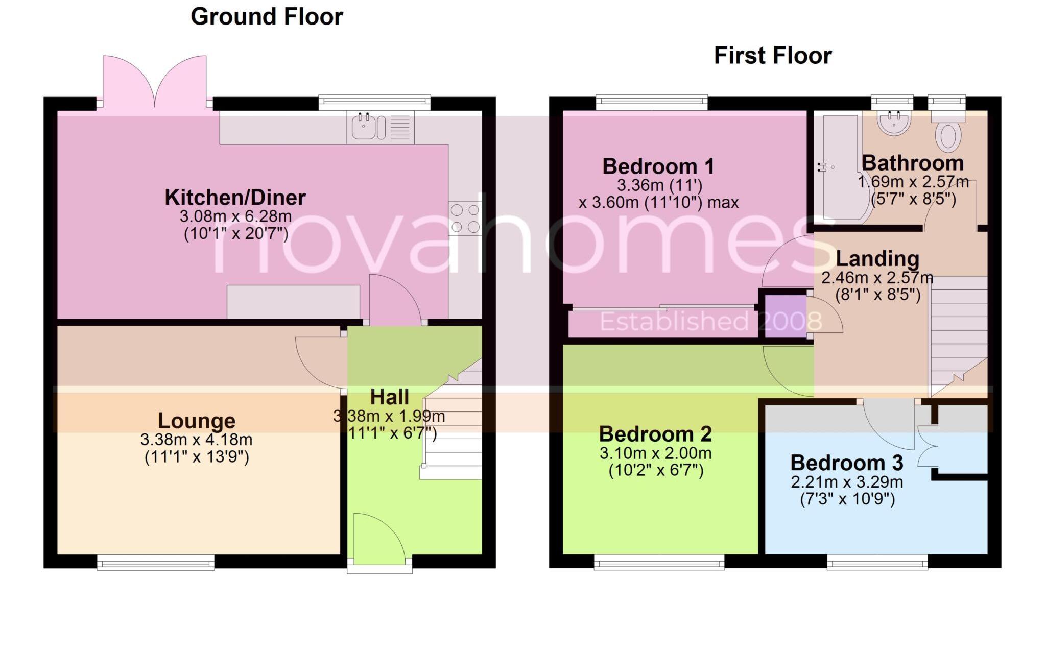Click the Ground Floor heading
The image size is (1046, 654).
coord(267,17)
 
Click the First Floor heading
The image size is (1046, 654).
coord(772,56)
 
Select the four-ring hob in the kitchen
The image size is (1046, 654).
coord(465,218)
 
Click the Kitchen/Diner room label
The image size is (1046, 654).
coord(235,198)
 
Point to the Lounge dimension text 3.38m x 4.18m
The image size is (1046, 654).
coord(196,440)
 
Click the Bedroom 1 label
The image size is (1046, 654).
coord(658,166)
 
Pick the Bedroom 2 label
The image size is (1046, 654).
coord(655,434)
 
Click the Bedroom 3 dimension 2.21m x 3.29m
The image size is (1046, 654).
coord(847,482)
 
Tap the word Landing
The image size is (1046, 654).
coord(877,259)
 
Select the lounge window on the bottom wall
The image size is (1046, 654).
coord(156,564)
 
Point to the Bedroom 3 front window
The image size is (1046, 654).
coord(877,564)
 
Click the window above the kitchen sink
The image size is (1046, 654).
coord(374,102)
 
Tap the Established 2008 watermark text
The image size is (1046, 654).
coord(710,322)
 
